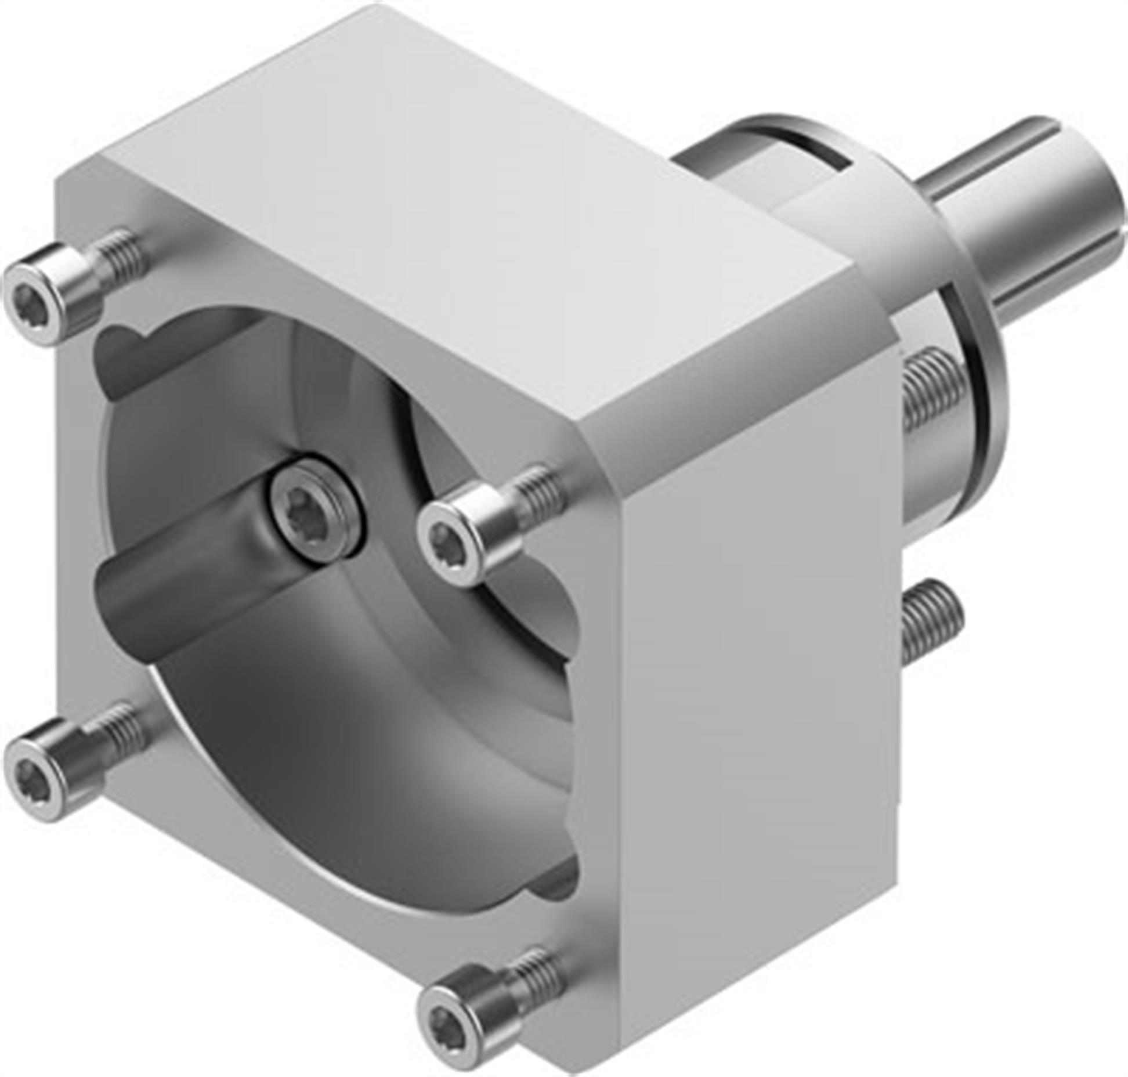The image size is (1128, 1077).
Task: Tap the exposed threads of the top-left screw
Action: click(x=122, y=255)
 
